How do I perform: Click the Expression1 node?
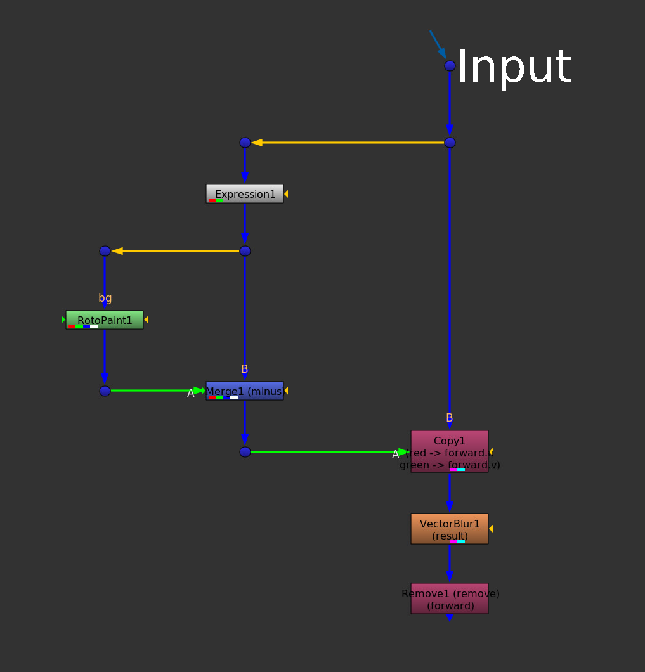tap(245, 194)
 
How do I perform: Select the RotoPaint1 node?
tap(105, 320)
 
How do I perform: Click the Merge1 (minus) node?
tap(245, 391)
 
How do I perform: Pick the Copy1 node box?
tap(450, 451)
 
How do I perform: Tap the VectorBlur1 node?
tap(450, 529)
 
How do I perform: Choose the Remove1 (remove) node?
tap(450, 598)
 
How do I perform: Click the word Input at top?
tap(514, 67)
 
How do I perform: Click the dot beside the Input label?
tap(450, 66)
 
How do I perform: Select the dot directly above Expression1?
tap(245, 143)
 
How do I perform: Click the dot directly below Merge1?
tap(245, 452)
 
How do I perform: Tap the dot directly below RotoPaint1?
tap(105, 391)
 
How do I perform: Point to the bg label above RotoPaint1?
tap(105, 298)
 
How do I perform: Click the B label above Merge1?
tap(245, 369)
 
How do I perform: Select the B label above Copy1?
tap(450, 418)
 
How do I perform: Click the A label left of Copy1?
tap(396, 454)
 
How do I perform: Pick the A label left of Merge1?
tap(191, 393)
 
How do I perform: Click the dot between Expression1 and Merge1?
tap(245, 251)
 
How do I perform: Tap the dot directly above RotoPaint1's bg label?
tap(105, 251)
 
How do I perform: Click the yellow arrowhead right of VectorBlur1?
tap(491, 529)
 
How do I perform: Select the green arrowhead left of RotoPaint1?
tap(63, 320)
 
